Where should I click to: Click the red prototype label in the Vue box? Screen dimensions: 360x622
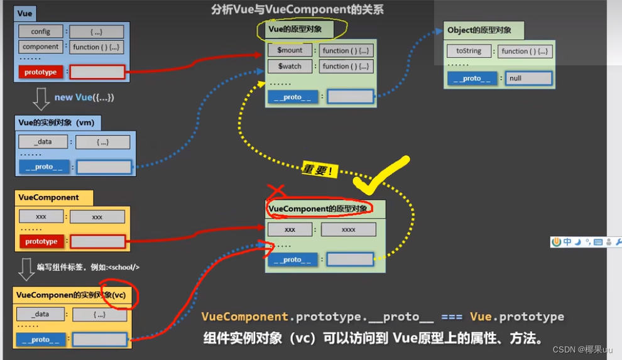[x=41, y=72]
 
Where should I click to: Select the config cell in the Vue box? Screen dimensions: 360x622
[x=41, y=31]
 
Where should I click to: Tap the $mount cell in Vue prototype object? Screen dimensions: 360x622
[x=290, y=50]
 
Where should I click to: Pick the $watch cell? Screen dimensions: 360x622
[x=290, y=66]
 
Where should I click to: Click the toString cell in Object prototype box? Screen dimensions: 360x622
[x=468, y=51]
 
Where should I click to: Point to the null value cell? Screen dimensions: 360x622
[x=528, y=79]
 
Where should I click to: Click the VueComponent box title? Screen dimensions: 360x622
[x=49, y=197]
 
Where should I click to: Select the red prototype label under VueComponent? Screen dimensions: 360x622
[x=41, y=241]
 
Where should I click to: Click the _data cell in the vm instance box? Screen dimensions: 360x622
[x=43, y=142]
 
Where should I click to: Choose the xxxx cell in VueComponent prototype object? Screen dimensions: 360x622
[x=348, y=229]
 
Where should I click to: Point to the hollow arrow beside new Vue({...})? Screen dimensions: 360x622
[x=41, y=98]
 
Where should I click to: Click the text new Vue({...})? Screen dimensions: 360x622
[x=84, y=97]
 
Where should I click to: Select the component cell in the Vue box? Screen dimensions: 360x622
[x=41, y=46]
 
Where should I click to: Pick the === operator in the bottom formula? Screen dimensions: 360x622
[x=452, y=317]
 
